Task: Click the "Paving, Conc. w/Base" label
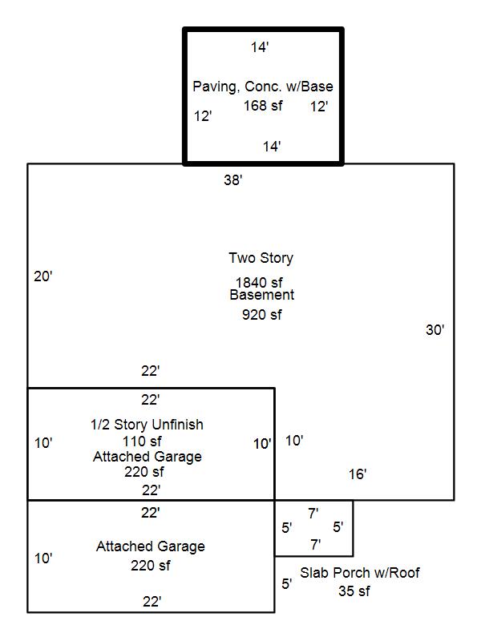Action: pyautogui.click(x=263, y=87)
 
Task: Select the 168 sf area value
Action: pyautogui.click(x=263, y=106)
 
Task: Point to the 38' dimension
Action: pyautogui.click(x=232, y=180)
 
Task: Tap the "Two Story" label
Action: pyautogui.click(x=261, y=258)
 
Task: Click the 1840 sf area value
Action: pyautogui.click(x=259, y=282)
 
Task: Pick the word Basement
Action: pyautogui.click(x=261, y=295)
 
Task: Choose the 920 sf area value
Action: pyautogui.click(x=261, y=314)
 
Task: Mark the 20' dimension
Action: pyautogui.click(x=43, y=276)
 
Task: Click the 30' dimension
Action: pyautogui.click(x=435, y=329)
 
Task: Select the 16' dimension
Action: pyautogui.click(x=358, y=474)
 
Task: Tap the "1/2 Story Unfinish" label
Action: pyautogui.click(x=147, y=425)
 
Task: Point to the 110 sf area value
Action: pyautogui.click(x=142, y=441)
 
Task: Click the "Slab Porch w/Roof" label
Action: pyautogui.click(x=360, y=573)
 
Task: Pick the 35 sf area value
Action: pyautogui.click(x=354, y=591)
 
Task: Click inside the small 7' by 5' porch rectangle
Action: pyautogui.click(x=313, y=529)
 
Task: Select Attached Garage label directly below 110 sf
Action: pyautogui.click(x=148, y=457)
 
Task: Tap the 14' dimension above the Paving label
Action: pyautogui.click(x=259, y=48)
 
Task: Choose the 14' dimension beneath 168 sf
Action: pyautogui.click(x=272, y=147)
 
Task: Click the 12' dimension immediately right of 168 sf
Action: pyautogui.click(x=319, y=106)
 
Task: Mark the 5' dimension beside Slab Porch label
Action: pyautogui.click(x=286, y=583)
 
